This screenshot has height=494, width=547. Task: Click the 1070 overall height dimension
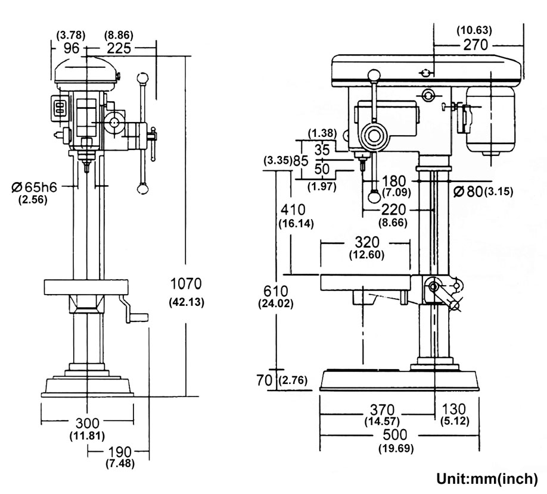pyautogui.click(x=186, y=283)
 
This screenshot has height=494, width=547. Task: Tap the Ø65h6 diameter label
pyautogui.click(x=34, y=187)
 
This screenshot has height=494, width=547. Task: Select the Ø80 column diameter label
pyautogui.click(x=468, y=191)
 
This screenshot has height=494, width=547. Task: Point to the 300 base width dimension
pyautogui.click(x=87, y=423)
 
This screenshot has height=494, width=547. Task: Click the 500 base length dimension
pyautogui.click(x=395, y=434)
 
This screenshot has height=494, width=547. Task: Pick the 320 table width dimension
pyautogui.click(x=367, y=242)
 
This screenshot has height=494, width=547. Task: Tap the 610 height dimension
pyautogui.click(x=276, y=291)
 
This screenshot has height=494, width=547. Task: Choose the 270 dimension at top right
pyautogui.click(x=475, y=45)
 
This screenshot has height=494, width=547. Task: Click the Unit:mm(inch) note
pyautogui.click(x=487, y=479)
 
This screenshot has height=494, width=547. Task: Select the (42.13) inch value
pyautogui.click(x=187, y=302)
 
